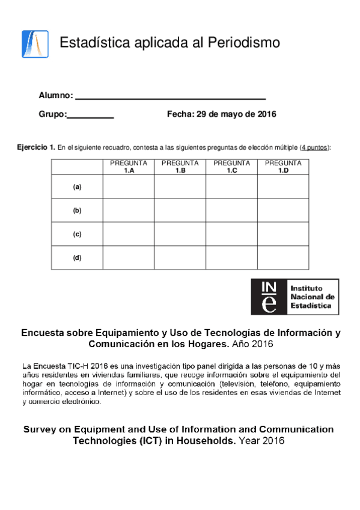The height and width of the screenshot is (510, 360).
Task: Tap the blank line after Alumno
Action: point(171,96)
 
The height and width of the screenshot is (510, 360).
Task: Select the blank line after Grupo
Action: point(90,115)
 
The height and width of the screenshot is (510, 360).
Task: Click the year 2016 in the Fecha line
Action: point(266,114)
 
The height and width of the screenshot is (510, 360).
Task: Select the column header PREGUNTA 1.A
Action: point(129,167)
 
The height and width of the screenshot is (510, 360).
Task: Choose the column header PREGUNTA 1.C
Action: point(231,167)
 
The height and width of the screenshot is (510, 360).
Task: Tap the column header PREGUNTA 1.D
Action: point(283,167)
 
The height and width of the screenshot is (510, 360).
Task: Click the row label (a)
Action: point(77,187)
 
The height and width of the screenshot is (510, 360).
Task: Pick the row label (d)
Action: point(77,257)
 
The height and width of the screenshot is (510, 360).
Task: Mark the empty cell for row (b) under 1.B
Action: point(180,210)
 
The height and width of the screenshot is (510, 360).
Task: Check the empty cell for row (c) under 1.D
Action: point(283,234)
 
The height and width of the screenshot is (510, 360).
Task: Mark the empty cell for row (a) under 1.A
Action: point(129,187)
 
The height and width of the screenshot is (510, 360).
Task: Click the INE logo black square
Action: point(269,296)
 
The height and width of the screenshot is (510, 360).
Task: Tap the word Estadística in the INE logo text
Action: point(310,306)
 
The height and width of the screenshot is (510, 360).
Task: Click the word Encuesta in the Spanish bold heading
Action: point(41,333)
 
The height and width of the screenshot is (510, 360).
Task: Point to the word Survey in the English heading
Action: point(38,429)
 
